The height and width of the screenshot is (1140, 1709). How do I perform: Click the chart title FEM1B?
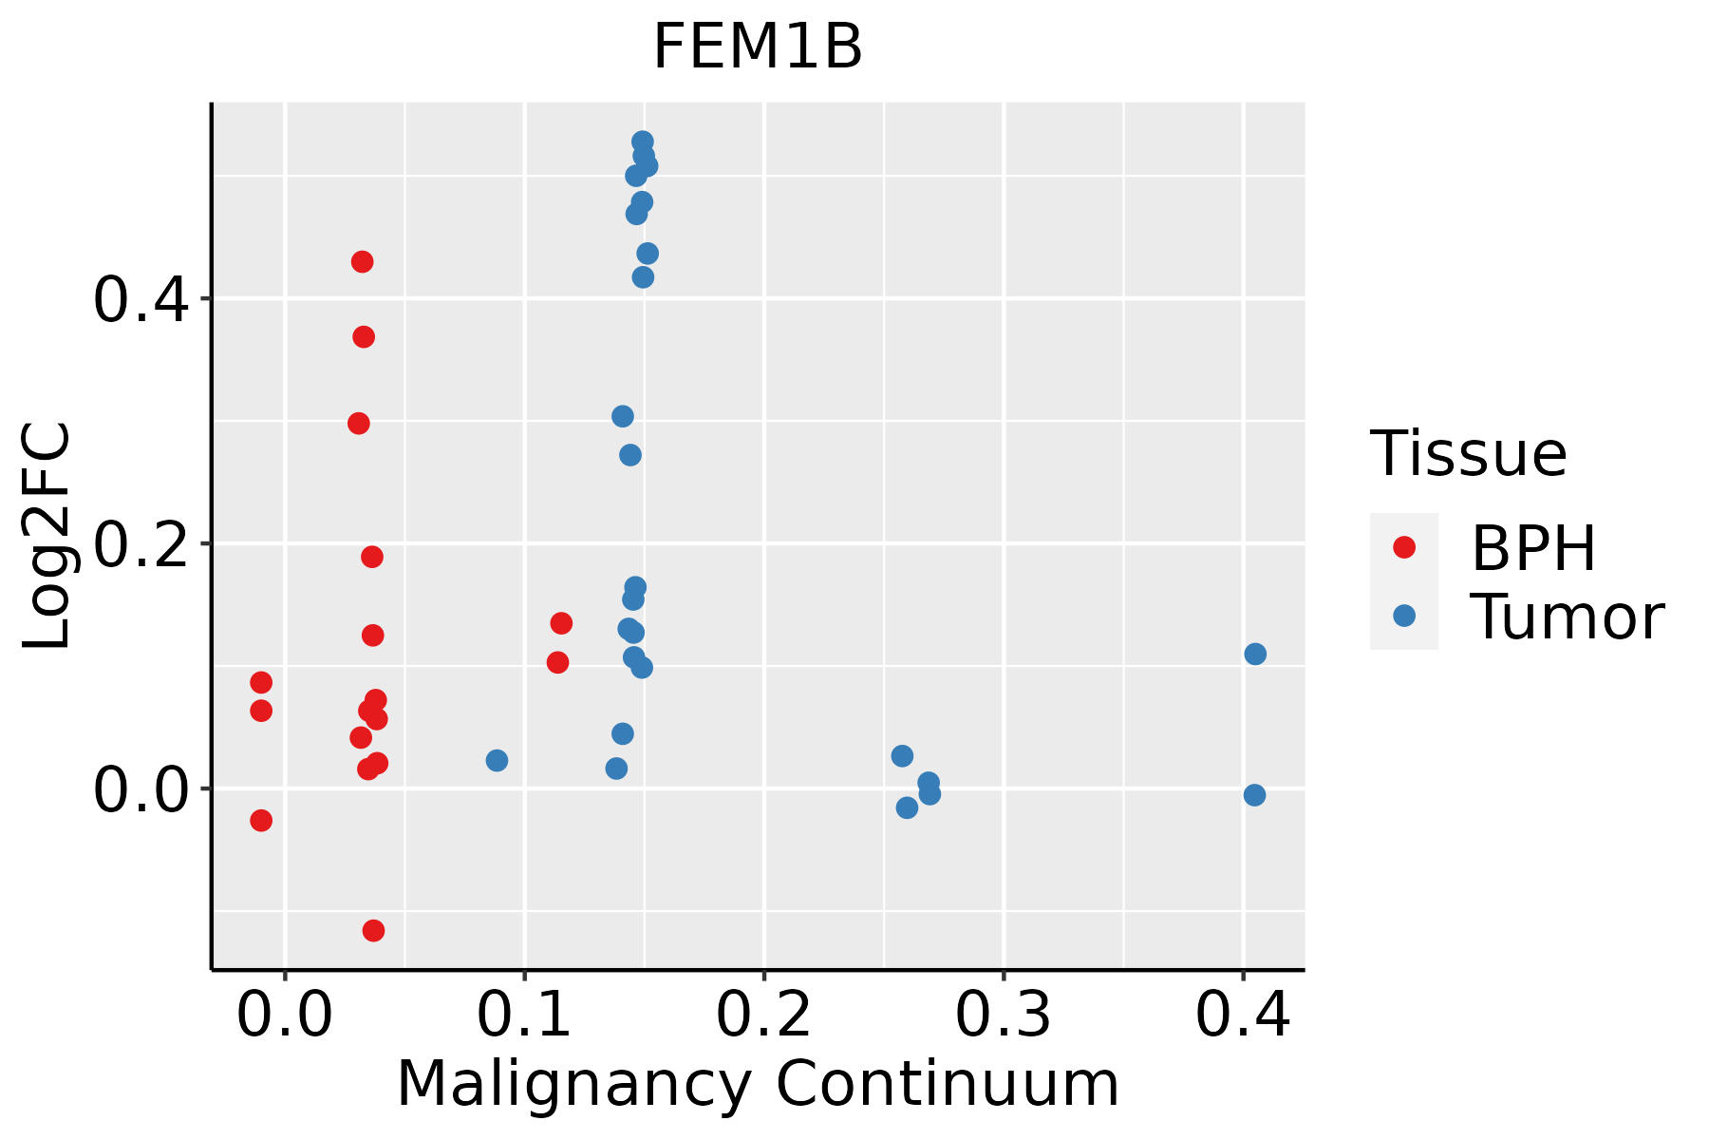click(758, 47)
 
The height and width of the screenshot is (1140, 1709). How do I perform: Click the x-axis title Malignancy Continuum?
click(758, 1084)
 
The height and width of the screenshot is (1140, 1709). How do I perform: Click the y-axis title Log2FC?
click(47, 537)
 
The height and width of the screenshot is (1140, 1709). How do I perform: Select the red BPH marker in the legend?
click(1403, 547)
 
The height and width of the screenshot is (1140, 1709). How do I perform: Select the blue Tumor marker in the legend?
click(1403, 616)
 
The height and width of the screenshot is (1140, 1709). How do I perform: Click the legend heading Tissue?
click(1468, 454)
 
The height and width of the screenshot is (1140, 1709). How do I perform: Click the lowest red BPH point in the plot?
click(374, 930)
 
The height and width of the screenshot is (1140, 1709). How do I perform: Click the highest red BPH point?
click(362, 261)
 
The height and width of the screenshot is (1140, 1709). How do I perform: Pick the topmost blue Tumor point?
click(643, 142)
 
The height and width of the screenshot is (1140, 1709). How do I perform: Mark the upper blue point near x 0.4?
click(1255, 654)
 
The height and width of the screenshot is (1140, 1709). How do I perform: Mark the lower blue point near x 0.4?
click(1254, 795)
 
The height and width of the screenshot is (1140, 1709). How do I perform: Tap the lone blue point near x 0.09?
click(497, 760)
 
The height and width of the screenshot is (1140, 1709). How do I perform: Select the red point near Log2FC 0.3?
click(359, 423)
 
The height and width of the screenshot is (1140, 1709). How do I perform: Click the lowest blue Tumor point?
click(907, 807)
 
